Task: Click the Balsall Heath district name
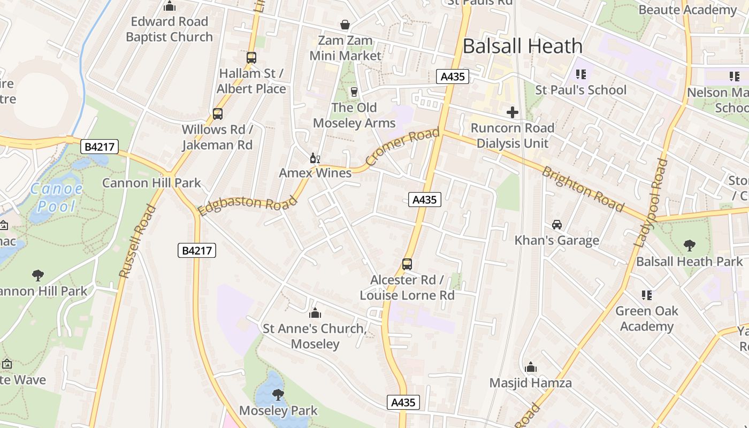tap(522, 46)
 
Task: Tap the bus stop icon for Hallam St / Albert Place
tap(251, 58)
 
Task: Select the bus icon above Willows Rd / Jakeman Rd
tap(217, 114)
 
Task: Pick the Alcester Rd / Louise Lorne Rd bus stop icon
tap(407, 264)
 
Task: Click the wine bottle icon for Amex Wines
tap(315, 158)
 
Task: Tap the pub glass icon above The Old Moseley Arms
tap(354, 92)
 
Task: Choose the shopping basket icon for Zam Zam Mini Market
tap(345, 25)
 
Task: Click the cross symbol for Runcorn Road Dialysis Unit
tap(513, 112)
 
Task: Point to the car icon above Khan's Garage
tap(557, 225)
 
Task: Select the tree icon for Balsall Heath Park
tap(690, 246)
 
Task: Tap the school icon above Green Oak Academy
tap(647, 295)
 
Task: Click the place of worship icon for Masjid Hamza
tap(531, 367)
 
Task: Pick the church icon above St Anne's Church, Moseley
tap(315, 312)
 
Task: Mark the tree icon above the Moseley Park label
tap(278, 395)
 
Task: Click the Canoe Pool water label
tap(56, 197)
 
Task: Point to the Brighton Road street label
tap(583, 189)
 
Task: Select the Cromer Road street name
tap(403, 146)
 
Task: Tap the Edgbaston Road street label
tap(247, 203)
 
